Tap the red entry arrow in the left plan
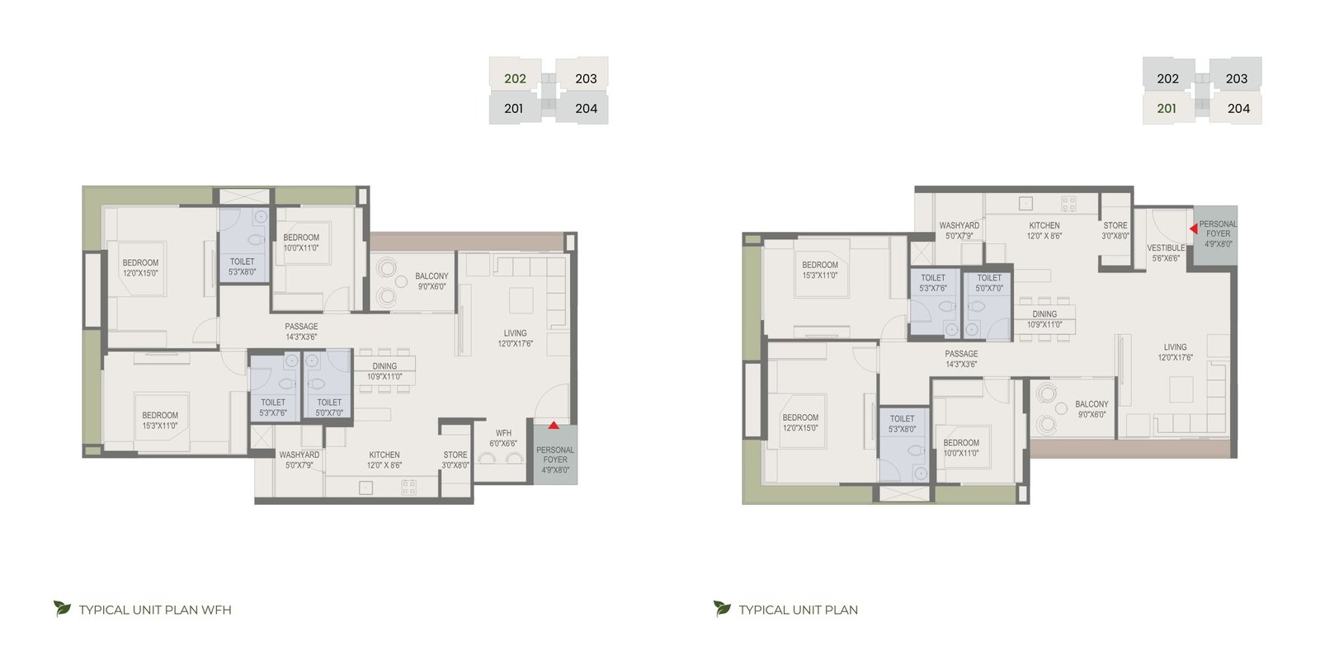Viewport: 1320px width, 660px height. [x=554, y=425]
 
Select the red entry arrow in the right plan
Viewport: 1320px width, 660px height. [x=1193, y=228]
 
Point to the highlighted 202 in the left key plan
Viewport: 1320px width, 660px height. [x=515, y=78]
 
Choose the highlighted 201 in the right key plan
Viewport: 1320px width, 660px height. [x=1167, y=108]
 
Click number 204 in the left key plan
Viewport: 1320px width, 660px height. [x=586, y=108]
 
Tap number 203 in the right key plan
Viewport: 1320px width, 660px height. [x=1237, y=78]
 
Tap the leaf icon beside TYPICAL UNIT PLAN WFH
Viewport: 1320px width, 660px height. [x=62, y=608]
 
